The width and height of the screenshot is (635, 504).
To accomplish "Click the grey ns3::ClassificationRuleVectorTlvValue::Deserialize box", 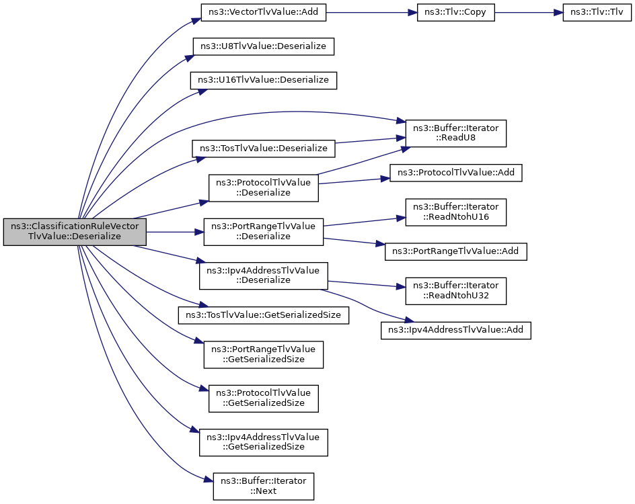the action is pyautogui.click(x=75, y=232).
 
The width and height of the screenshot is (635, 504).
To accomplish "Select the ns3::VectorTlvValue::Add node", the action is pyautogui.click(x=263, y=13).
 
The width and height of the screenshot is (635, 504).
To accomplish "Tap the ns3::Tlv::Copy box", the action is pyautogui.click(x=455, y=13).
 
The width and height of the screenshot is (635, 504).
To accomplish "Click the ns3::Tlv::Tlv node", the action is pyautogui.click(x=597, y=13).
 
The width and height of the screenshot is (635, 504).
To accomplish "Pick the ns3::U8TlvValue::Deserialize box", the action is pyautogui.click(x=263, y=46).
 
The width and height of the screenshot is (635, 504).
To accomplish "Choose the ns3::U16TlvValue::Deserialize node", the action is pyautogui.click(x=263, y=80).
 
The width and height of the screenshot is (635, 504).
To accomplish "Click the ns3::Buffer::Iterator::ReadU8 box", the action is pyautogui.click(x=455, y=133).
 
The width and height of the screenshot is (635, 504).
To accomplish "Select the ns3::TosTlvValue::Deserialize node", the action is pyautogui.click(x=263, y=149).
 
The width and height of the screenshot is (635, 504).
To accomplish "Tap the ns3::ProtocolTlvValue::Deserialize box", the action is pyautogui.click(x=263, y=187).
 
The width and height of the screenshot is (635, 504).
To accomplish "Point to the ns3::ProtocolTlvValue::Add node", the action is pyautogui.click(x=455, y=173).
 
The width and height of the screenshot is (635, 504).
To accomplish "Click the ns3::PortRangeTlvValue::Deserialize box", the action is pyautogui.click(x=263, y=232).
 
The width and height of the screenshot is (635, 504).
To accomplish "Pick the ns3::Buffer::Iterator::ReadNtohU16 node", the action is pyautogui.click(x=455, y=212).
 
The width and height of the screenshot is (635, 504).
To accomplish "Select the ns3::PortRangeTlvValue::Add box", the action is pyautogui.click(x=455, y=251).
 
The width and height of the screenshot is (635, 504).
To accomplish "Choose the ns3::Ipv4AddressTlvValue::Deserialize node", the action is pyautogui.click(x=263, y=276).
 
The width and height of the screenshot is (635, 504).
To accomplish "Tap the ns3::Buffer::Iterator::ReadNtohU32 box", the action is pyautogui.click(x=455, y=291).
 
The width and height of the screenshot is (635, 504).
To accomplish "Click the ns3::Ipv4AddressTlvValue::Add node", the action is pyautogui.click(x=455, y=330).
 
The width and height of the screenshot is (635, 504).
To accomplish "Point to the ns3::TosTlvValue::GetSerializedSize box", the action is pyautogui.click(x=263, y=315).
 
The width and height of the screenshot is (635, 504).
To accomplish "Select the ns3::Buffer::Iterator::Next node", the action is pyautogui.click(x=263, y=487).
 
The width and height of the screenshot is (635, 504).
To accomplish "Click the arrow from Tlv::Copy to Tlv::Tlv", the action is pyautogui.click(x=529, y=13).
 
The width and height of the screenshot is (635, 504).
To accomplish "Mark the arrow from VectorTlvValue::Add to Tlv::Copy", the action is pyautogui.click(x=371, y=13).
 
